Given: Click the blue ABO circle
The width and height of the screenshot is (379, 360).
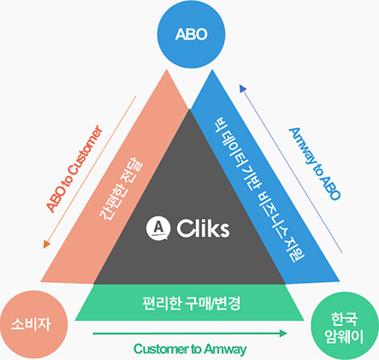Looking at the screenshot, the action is (192, 34).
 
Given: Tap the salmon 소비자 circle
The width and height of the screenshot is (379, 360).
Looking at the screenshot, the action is (33, 324).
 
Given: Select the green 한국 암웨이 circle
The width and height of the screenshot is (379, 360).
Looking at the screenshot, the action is (345, 327).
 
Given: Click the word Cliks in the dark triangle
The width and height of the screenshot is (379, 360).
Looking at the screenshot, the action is (203, 228).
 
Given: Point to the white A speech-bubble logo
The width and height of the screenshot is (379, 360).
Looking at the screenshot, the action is (158, 228).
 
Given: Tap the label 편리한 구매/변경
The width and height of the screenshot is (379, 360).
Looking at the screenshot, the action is (192, 304).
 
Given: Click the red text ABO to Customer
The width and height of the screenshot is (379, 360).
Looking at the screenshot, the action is (74, 168).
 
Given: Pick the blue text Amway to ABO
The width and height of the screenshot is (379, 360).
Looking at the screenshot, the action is (315, 164).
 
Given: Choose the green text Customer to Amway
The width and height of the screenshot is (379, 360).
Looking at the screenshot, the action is (190, 349).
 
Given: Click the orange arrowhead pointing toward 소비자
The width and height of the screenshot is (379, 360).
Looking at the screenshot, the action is (46, 245).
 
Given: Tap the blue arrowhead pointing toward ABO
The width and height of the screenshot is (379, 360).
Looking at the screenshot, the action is (243, 88).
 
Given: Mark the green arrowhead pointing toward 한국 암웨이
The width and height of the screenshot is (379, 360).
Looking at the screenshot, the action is (283, 333).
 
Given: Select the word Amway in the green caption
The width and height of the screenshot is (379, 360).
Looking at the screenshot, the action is (226, 349).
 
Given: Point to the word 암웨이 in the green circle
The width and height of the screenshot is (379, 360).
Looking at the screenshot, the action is (345, 337).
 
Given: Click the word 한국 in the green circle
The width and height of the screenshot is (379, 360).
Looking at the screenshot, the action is (344, 319).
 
